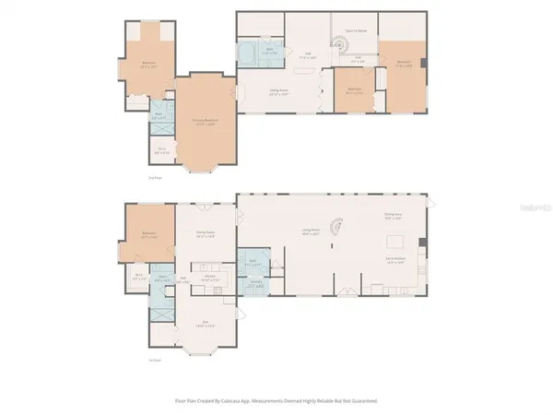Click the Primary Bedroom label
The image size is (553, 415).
click(205, 121)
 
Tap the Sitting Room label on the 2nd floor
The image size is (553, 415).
click(274, 90)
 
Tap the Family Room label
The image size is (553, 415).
click(205, 232)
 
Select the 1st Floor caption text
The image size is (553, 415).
click(154, 359)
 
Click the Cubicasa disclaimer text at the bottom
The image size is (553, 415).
click(276, 401)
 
